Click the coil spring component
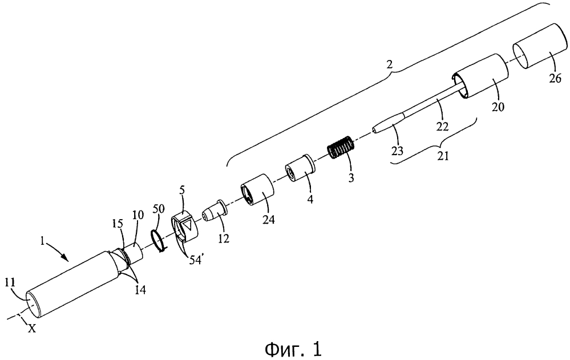coord(341,147)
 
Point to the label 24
coord(268,220)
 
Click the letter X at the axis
coord(32,329)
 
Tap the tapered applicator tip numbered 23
coord(388,123)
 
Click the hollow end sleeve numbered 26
coord(540,46)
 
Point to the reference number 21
coord(443,156)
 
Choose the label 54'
coord(196,260)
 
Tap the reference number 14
coord(140,289)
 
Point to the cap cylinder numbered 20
coord(480,76)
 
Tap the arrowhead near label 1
coord(67,258)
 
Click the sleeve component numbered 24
coord(258,191)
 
